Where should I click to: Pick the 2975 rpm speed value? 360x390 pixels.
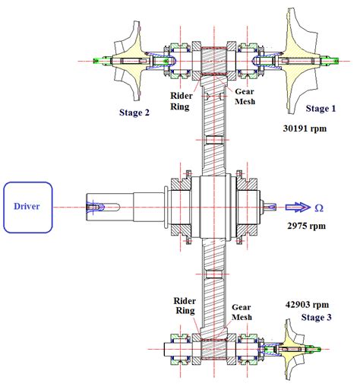[x=308, y=226]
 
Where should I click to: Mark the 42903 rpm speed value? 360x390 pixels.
[x=304, y=302]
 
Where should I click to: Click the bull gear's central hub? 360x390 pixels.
[x=213, y=206]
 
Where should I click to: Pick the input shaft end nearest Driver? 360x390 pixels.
[x=95, y=206]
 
